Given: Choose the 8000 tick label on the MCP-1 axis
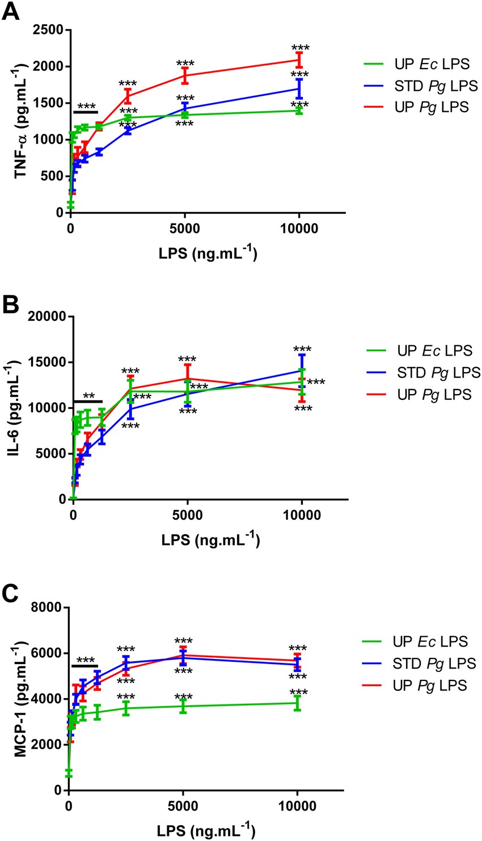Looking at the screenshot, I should [46, 608].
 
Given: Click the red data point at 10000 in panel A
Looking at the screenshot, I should [299, 60].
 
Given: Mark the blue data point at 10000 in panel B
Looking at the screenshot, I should [302, 370].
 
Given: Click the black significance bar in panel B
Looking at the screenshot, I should [87, 402].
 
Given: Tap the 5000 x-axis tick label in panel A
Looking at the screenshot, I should [185, 229].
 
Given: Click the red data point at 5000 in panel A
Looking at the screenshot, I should [185, 75].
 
